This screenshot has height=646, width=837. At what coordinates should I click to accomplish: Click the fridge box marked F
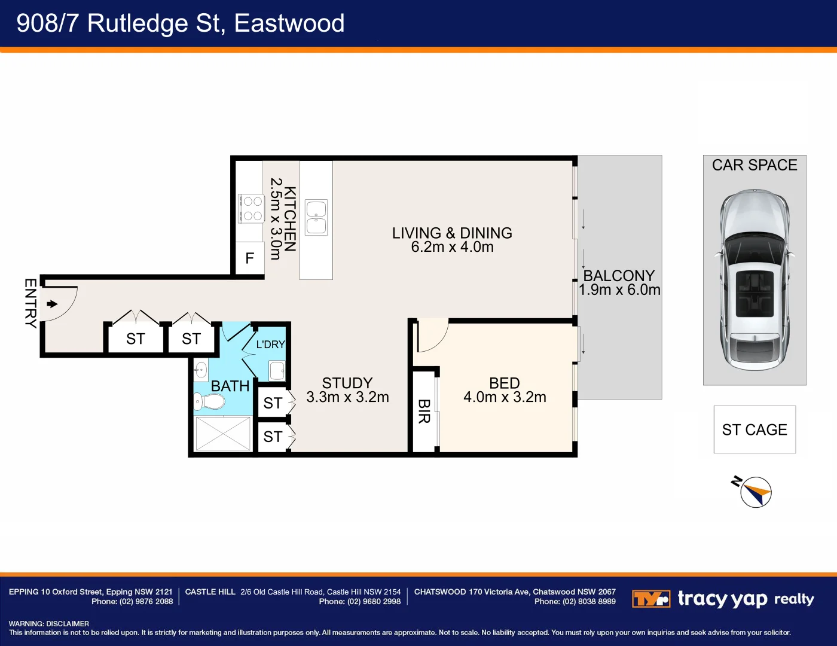tap(250, 258)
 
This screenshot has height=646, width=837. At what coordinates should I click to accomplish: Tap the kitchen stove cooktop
tap(252, 208)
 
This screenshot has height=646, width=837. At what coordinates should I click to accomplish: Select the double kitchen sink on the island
tap(316, 217)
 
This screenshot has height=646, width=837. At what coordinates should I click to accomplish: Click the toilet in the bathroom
tap(209, 401)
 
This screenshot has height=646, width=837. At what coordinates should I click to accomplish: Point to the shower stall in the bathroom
tap(223, 434)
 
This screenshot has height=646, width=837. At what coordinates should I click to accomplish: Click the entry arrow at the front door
tap(53, 304)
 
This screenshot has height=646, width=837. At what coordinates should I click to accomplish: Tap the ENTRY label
tap(30, 303)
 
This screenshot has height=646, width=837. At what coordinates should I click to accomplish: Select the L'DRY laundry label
tap(270, 345)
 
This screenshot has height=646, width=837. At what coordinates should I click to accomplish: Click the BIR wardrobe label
tap(424, 412)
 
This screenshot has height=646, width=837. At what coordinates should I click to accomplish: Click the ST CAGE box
tap(754, 429)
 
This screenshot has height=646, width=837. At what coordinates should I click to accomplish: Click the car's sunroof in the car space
tap(754, 293)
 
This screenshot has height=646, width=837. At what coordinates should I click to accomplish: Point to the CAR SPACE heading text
tap(754, 165)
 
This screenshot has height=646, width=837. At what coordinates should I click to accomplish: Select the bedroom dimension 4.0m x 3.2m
tap(505, 397)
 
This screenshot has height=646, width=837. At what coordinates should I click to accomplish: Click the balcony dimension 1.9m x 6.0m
tap(619, 290)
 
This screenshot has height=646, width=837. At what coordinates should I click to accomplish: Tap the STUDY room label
tap(347, 383)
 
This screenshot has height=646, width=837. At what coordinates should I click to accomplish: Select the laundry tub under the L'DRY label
tap(277, 370)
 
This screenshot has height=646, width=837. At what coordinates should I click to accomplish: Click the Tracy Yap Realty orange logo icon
tap(650, 599)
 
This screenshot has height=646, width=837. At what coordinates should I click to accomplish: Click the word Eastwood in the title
tap(289, 23)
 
